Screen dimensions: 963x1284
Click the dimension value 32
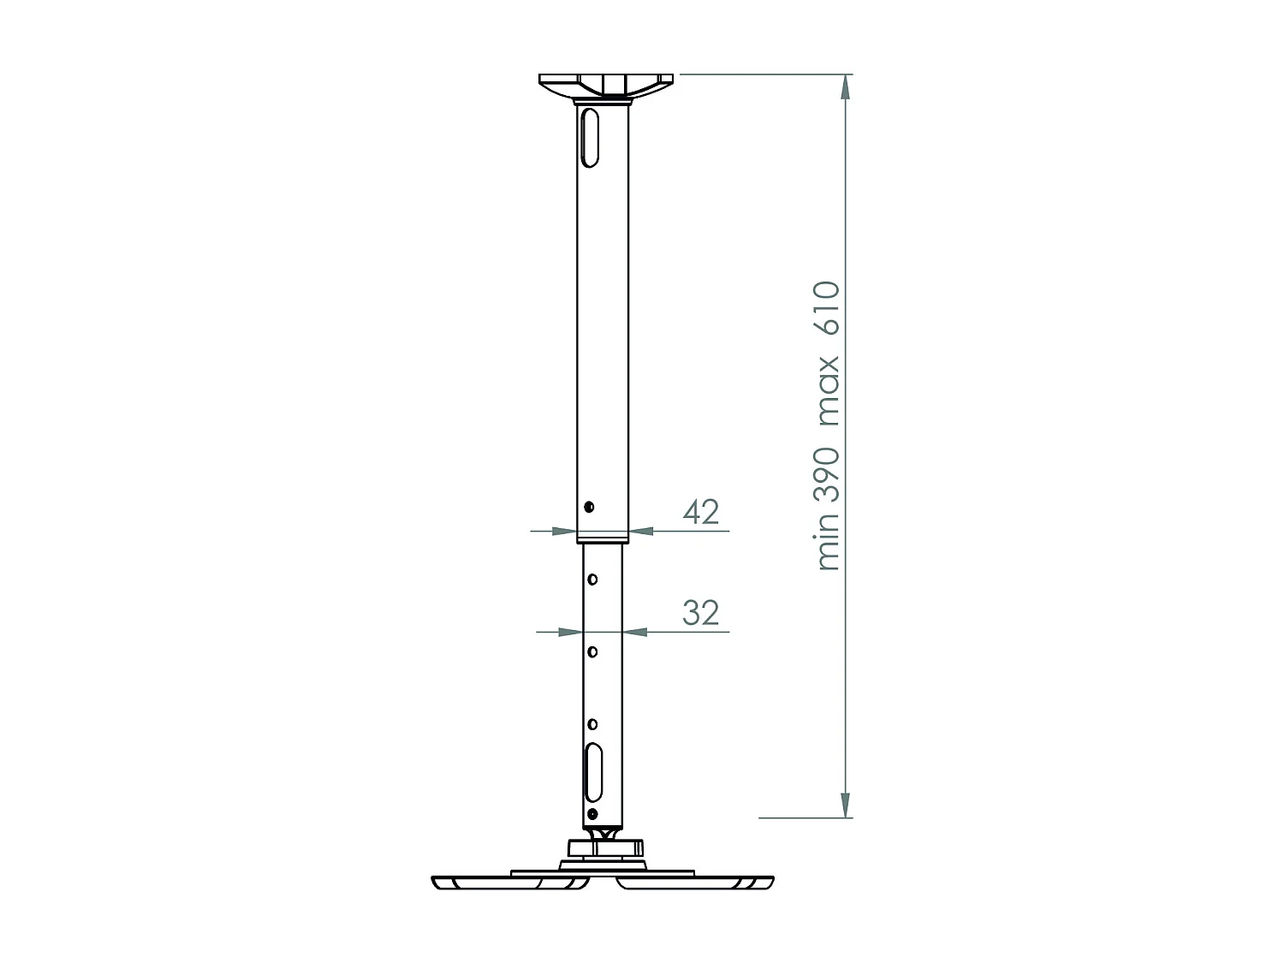click(x=701, y=612)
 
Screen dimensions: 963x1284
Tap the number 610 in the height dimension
click(x=829, y=309)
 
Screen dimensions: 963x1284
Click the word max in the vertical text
click(x=829, y=391)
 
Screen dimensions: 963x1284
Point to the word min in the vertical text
click(x=829, y=544)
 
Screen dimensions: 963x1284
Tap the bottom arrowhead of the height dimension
click(x=846, y=805)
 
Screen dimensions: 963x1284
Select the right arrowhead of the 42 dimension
click(x=642, y=532)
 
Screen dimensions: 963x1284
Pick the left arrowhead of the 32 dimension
click(x=570, y=633)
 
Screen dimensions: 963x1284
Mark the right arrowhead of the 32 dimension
click(x=635, y=633)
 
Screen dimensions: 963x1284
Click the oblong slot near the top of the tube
click(x=589, y=136)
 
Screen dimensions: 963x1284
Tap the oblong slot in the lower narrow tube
click(x=593, y=771)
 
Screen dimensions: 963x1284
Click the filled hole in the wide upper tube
click(x=590, y=506)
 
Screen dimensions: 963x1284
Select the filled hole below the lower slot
click(x=591, y=812)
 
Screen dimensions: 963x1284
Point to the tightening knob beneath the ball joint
click(x=604, y=847)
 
